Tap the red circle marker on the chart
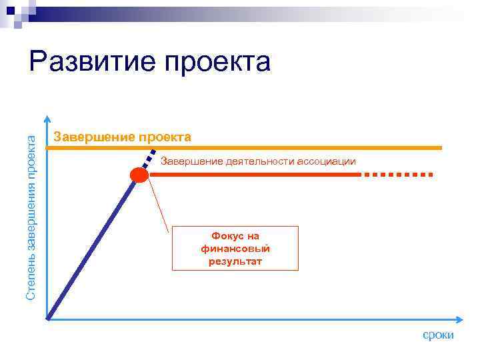pos(139,175)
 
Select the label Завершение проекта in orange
pos(122,137)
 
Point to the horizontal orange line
pos(300,147)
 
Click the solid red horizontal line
pos(253,175)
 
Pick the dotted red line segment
pos(398,175)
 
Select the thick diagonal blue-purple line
pos(93,247)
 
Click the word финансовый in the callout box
pos(235,249)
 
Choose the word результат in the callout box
pos(235,261)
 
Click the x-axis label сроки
pos(438,335)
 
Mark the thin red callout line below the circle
pos(160,207)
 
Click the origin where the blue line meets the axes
pos(49,318)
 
